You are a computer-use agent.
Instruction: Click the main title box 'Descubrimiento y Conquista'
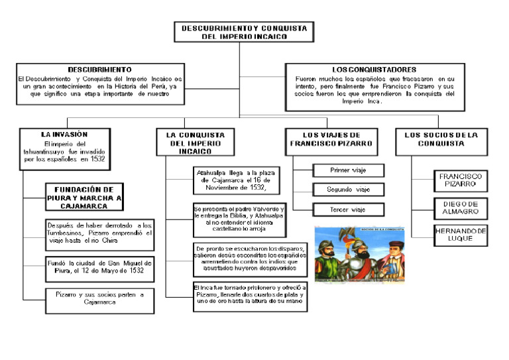244,32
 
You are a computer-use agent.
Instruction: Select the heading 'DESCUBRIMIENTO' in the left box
99,69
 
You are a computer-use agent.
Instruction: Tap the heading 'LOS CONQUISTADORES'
374,69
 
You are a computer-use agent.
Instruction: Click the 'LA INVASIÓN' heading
64,135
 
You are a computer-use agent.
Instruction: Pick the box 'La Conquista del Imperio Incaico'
195,143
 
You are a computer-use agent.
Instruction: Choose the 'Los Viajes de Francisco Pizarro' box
331,139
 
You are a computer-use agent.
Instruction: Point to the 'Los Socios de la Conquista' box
441,139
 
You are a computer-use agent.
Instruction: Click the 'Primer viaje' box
349,170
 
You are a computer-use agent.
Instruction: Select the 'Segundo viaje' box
349,190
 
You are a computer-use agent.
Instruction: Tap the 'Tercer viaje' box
349,210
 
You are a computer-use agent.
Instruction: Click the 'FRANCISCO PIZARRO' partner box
461,180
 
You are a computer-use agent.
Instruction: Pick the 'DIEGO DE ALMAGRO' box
461,208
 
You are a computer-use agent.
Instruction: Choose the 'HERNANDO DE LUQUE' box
461,235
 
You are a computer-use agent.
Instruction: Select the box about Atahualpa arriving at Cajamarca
233,180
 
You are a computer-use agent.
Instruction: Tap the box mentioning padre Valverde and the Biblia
239,218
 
